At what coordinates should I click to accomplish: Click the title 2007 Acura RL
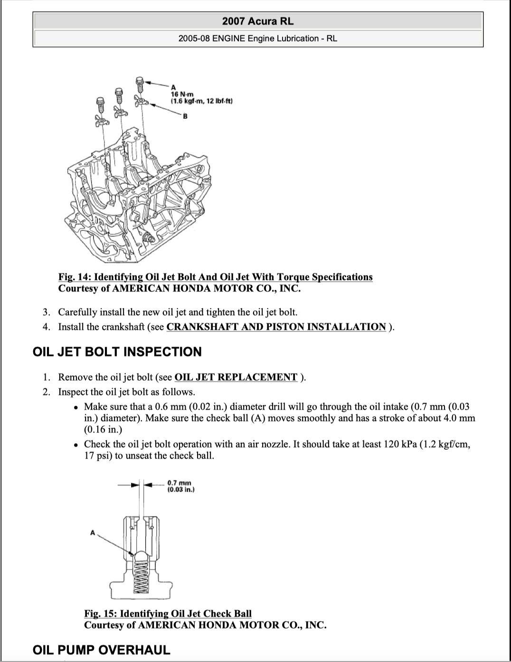(x=258, y=21)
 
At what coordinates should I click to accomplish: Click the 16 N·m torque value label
(x=179, y=94)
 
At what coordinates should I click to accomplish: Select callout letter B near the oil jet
(x=185, y=116)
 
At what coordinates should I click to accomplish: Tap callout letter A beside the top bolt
(x=173, y=87)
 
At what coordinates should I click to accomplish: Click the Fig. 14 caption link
(x=215, y=277)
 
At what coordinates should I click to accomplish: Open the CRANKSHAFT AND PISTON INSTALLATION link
(x=276, y=327)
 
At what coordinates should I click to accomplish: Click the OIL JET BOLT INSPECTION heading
(x=117, y=352)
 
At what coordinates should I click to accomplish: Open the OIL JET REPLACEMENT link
(x=236, y=377)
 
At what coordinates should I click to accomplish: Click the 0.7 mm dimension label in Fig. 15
(x=179, y=483)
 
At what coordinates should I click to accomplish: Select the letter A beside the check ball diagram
(x=93, y=533)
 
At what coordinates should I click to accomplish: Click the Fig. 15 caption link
(x=168, y=614)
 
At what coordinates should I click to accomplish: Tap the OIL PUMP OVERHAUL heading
(x=101, y=650)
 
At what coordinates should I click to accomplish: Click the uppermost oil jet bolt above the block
(x=140, y=84)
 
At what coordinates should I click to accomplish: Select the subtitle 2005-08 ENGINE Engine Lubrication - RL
(x=258, y=38)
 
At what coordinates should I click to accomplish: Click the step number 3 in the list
(x=46, y=312)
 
